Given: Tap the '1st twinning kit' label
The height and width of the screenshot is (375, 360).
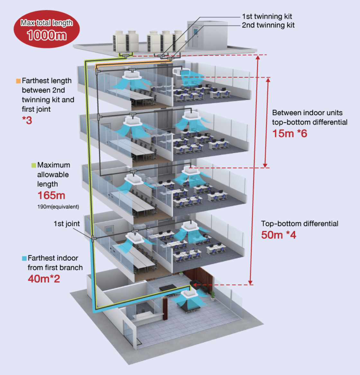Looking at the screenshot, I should tap(267, 16).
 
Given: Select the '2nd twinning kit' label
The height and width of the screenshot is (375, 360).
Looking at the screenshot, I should tap(268, 25).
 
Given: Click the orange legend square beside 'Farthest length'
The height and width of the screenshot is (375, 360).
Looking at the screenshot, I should tap(18, 81).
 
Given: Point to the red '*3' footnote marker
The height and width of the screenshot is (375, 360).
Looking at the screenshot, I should tap(27, 120).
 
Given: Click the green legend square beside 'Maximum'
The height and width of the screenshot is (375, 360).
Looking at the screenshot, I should tap(33, 165).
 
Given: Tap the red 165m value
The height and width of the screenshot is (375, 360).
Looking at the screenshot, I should tap(51, 195).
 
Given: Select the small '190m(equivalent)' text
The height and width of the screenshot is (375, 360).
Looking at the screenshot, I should tap(58, 207).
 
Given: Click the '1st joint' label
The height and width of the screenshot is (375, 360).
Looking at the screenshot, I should tap(67, 224).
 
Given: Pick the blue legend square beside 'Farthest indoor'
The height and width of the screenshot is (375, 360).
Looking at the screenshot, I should tap(24, 258).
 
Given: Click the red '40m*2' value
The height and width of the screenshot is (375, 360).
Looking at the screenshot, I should tap(44, 279).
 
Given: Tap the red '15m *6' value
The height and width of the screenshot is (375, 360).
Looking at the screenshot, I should tap(290, 134).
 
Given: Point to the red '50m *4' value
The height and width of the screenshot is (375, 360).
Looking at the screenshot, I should tap(278, 235).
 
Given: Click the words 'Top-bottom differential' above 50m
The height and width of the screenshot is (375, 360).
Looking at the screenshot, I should tap(300, 224).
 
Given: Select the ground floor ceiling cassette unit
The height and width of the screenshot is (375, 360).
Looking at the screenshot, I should tap(190, 294).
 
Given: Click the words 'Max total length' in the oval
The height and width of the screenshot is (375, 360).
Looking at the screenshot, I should tap(47, 23).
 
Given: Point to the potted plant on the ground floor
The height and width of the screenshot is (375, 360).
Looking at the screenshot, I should tap(212, 296).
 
